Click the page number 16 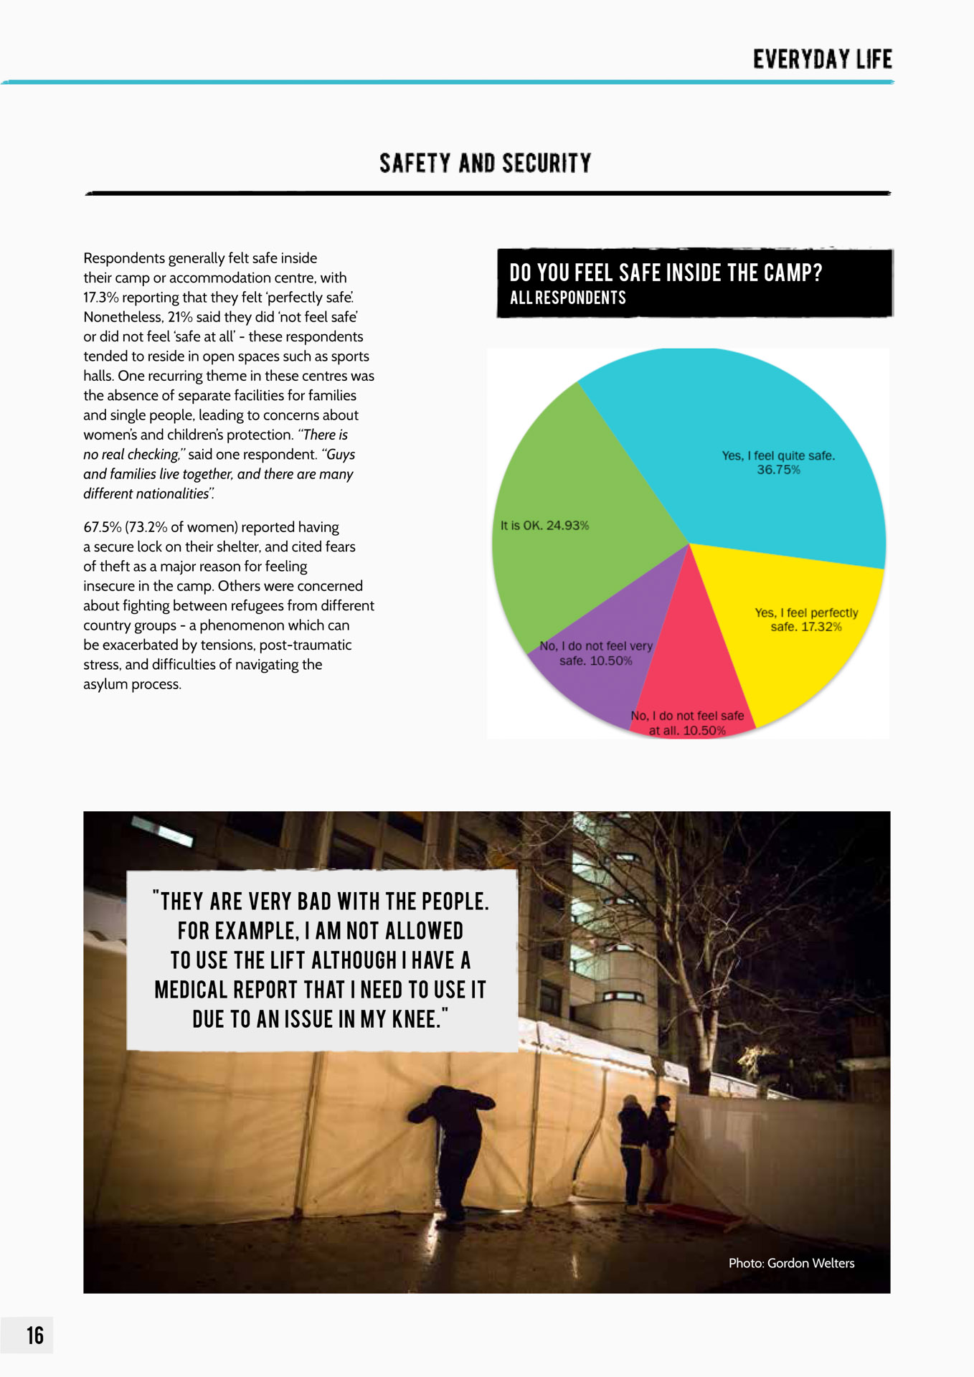click(35, 1335)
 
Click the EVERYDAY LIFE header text click(822, 60)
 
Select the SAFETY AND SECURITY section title click(486, 164)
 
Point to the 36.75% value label click(778, 470)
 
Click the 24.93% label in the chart click(567, 526)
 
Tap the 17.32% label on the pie click(821, 627)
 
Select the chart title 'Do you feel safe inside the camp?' click(666, 273)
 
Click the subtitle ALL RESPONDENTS click(567, 298)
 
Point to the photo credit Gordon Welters click(791, 1263)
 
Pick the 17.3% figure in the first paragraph click(100, 298)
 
